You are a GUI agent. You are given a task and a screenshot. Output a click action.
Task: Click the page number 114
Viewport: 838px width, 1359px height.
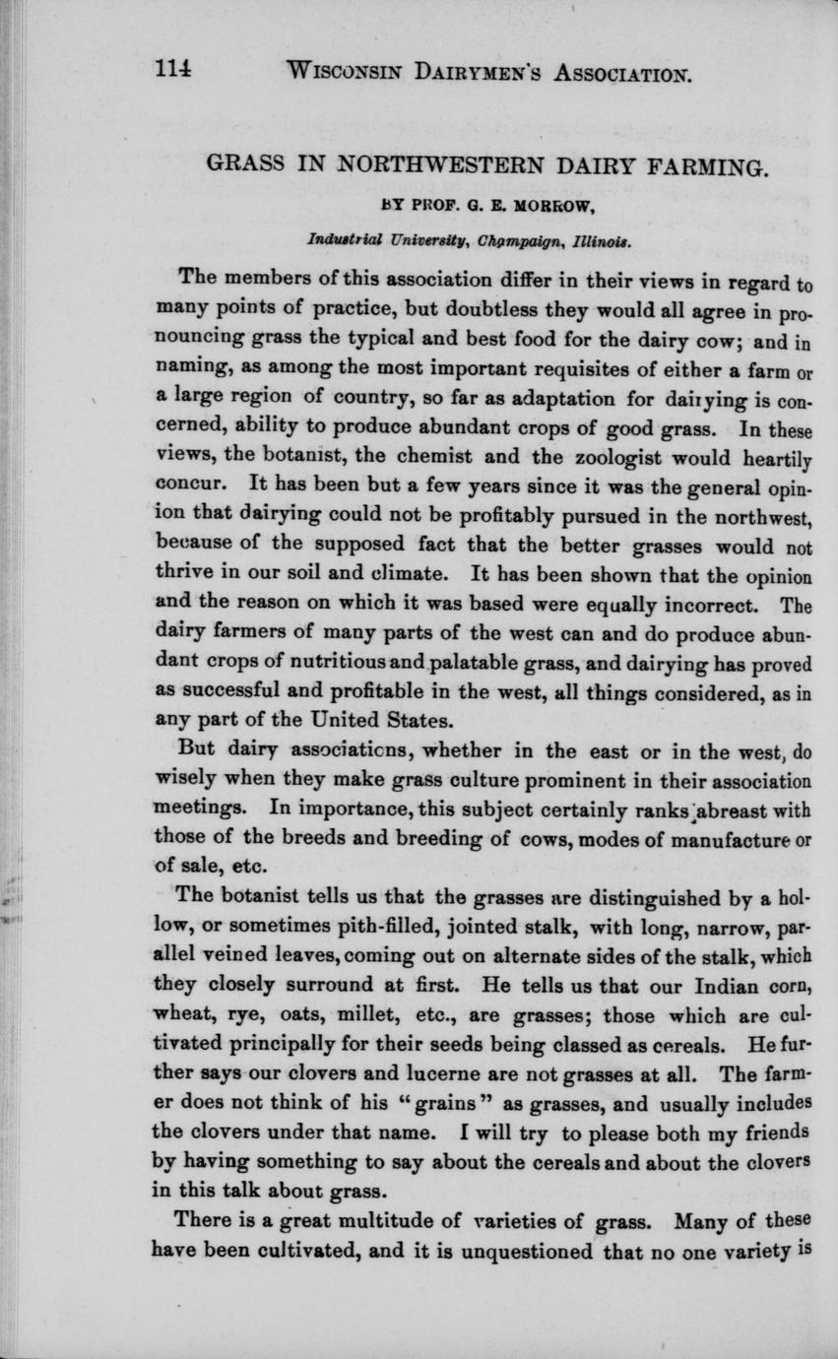[x=170, y=71]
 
